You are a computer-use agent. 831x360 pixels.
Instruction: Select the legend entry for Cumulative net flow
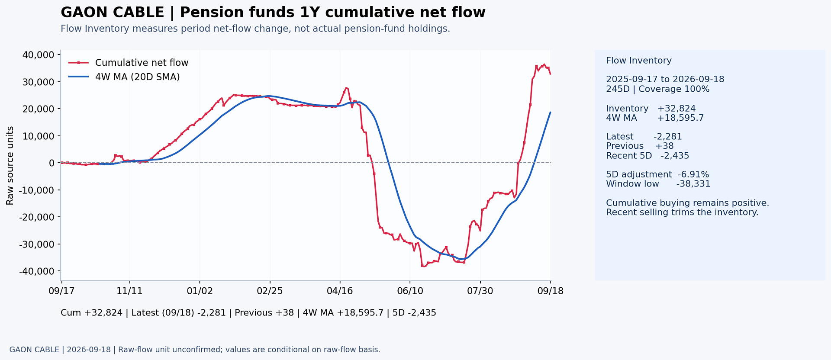[x=129, y=63]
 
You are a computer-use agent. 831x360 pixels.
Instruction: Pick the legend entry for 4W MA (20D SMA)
[x=124, y=77]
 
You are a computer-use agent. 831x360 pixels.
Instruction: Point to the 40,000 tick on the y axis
[x=38, y=55]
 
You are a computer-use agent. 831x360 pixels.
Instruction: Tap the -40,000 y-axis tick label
[x=36, y=271]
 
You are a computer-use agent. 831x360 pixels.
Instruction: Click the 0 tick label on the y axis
[x=52, y=163]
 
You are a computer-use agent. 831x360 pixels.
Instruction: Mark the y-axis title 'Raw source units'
[x=10, y=165]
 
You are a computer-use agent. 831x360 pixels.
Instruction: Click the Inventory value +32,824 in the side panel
[x=676, y=109]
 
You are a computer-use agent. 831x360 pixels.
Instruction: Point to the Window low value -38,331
[x=693, y=184]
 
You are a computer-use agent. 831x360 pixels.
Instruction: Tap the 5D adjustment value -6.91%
[x=693, y=174]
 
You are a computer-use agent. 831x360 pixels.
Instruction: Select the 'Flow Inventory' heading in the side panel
[x=639, y=61]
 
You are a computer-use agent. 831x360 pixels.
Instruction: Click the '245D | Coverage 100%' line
[x=658, y=89]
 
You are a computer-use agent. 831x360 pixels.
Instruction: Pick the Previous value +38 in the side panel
[x=664, y=146]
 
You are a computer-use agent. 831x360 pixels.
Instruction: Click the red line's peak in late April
[x=345, y=87]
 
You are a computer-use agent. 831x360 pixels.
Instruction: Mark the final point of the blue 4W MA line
[x=550, y=112]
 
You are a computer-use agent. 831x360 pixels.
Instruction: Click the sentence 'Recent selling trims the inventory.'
[x=682, y=212]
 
